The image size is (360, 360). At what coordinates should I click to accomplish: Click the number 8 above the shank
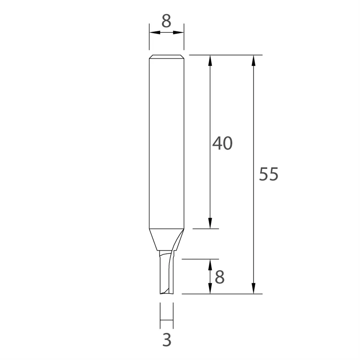click(x=166, y=21)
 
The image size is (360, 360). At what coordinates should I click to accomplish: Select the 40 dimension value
click(x=222, y=143)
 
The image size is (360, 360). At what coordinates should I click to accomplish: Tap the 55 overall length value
click(x=269, y=174)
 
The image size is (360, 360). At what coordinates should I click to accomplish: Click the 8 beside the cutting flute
click(x=220, y=277)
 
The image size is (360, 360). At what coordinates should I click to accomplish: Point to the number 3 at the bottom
click(x=167, y=340)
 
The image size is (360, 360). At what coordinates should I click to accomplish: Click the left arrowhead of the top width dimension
click(x=155, y=32)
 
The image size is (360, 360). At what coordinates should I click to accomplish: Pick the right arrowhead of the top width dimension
click(x=178, y=32)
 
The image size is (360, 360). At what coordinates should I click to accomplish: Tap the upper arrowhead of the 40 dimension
click(x=210, y=61)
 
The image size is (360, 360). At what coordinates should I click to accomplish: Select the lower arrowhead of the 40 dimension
click(x=210, y=223)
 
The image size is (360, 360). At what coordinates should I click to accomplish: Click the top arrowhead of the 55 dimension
click(x=254, y=61)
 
